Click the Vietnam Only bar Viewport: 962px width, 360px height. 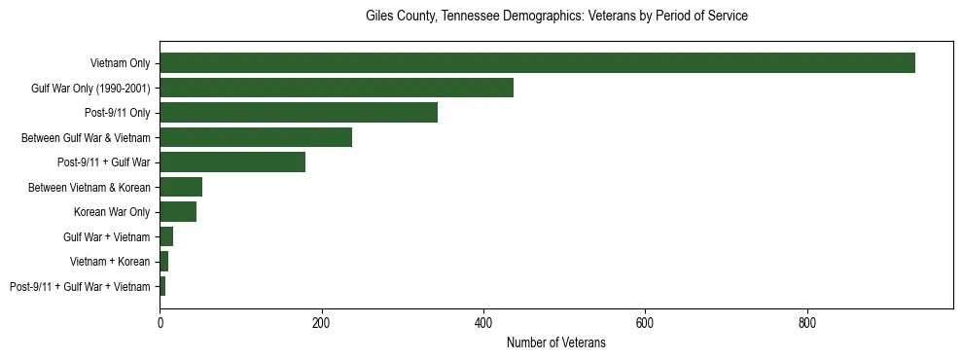(x=537, y=63)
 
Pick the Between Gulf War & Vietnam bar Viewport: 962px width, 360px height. (x=256, y=138)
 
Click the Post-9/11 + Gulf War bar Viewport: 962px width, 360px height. (x=232, y=162)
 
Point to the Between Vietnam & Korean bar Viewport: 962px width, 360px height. (x=181, y=187)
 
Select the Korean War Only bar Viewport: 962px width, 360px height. (x=178, y=212)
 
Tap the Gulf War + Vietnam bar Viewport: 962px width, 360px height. (x=166, y=236)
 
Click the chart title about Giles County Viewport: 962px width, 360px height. (x=556, y=17)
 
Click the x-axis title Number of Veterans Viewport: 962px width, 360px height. (x=556, y=342)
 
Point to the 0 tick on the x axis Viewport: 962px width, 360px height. (x=160, y=322)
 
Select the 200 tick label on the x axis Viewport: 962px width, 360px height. (x=321, y=322)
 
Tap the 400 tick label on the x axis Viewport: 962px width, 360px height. (x=483, y=322)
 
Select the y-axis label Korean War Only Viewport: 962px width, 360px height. (x=112, y=212)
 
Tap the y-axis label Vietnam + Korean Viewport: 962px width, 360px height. (x=110, y=262)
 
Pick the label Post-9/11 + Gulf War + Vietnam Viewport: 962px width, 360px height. (x=80, y=287)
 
